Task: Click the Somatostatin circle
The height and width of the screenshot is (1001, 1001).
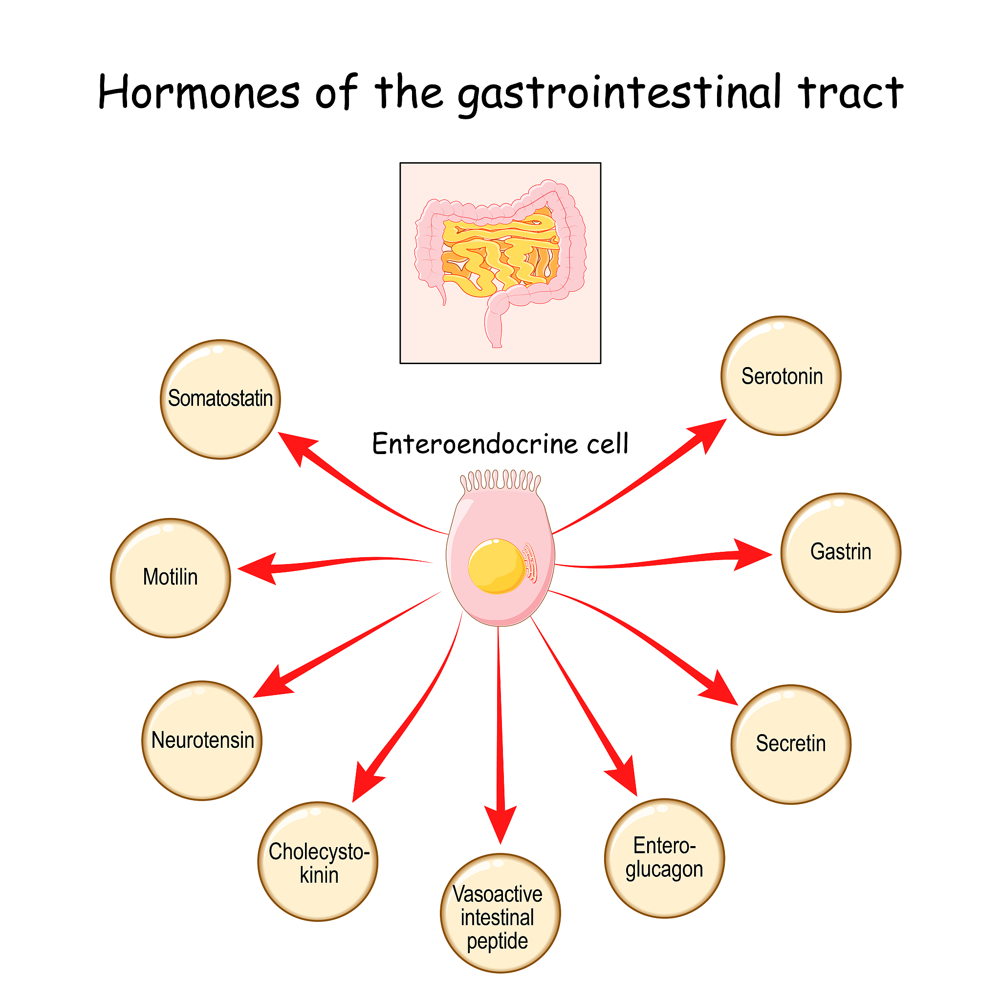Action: coord(220,399)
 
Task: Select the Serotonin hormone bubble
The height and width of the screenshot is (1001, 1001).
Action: coord(781,376)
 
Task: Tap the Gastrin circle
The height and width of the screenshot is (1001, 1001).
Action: coord(840,553)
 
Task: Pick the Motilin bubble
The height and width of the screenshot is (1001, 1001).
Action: coord(171,578)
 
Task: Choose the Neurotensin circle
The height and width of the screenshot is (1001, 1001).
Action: coord(202,741)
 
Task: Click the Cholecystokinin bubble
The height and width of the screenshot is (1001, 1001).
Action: coord(318,862)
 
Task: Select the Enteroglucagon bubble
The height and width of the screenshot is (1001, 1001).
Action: coord(664,858)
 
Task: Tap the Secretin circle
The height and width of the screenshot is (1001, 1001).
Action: coord(791,744)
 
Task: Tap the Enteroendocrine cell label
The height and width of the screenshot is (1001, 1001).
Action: coord(500,444)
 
